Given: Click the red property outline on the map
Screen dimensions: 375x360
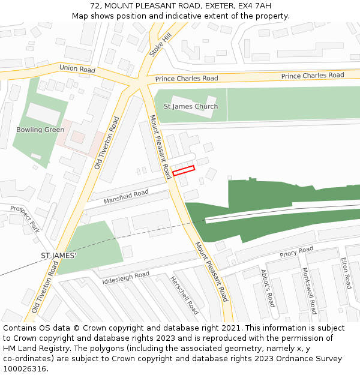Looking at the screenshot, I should (184, 170).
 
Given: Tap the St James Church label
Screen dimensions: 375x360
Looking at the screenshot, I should (191, 107).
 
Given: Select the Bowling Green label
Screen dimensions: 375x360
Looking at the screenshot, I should (40, 130).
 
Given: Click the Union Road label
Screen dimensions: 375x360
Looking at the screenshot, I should (77, 70).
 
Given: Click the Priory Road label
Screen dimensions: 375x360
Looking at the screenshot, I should (296, 253).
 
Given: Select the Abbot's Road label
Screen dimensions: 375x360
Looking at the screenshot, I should (268, 287).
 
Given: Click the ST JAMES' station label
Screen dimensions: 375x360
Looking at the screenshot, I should (58, 256).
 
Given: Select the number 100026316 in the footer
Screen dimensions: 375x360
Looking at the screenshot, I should (24, 368).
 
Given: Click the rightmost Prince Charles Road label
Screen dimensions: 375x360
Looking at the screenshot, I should (313, 76).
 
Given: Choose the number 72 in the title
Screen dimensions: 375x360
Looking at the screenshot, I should (95, 6).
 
